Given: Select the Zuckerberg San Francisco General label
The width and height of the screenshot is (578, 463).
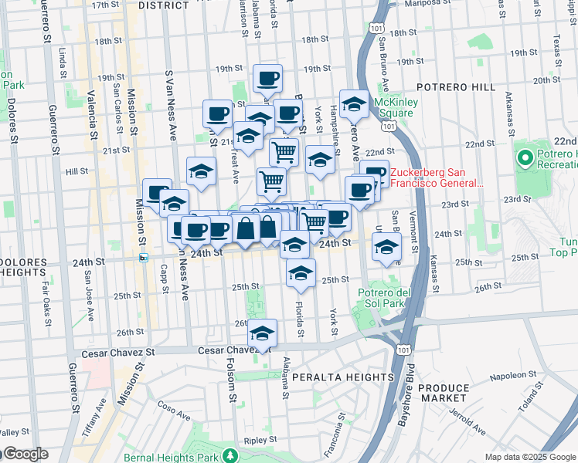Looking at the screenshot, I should click(x=437, y=178).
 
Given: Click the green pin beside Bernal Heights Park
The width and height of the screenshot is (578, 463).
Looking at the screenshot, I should click(x=229, y=456).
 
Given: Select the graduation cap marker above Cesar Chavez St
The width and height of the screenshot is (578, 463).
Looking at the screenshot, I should click(x=263, y=333).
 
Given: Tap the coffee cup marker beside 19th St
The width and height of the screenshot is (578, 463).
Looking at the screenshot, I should click(x=267, y=78).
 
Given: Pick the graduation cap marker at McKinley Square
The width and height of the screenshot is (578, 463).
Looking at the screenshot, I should click(x=354, y=103).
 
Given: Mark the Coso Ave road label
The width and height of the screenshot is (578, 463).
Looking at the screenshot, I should click(x=174, y=409).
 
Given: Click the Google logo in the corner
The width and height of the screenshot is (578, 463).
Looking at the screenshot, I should click(x=25, y=454).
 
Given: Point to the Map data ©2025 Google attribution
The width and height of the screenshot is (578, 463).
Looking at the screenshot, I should click(x=530, y=457).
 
